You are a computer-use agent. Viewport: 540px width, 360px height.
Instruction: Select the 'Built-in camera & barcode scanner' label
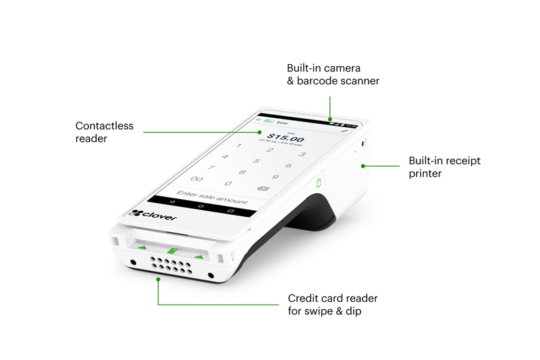coord(332,73)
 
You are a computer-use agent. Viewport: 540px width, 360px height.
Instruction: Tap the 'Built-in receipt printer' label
coord(449,166)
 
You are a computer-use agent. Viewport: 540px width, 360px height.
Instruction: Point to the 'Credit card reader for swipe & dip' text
coord(339,304)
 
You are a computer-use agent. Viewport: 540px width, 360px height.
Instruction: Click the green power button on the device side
coord(317,183)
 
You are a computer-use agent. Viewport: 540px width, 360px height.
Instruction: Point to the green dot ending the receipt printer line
coord(362,165)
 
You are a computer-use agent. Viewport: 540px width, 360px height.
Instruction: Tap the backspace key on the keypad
coord(263,187)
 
